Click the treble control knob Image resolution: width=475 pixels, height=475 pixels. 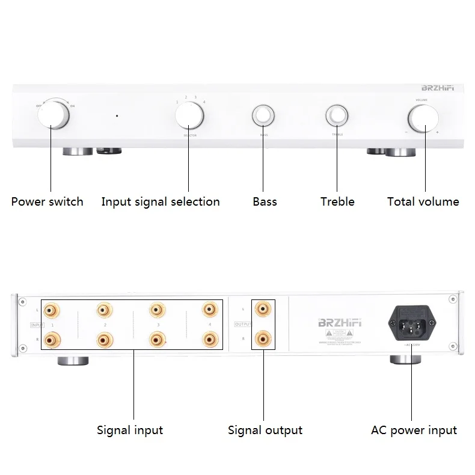click(337, 115)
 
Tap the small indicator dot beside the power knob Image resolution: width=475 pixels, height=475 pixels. click(117, 115)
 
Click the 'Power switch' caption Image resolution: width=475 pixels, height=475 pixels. click(47, 202)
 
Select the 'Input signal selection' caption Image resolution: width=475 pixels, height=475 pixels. click(161, 202)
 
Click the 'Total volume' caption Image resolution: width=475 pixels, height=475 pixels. click(423, 202)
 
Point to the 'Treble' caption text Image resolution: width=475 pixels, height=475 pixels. click(337, 202)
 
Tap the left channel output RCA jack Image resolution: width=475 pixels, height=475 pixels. click(262, 310)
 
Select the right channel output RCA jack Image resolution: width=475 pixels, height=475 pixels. click(262, 340)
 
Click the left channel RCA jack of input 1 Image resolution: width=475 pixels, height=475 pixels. click(52, 310)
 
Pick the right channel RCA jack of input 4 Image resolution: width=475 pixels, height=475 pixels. click(209, 340)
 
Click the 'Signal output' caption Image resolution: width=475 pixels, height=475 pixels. click(265, 430)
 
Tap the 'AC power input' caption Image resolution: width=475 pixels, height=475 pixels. click(414, 430)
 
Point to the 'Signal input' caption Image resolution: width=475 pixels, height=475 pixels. click(130, 430)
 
